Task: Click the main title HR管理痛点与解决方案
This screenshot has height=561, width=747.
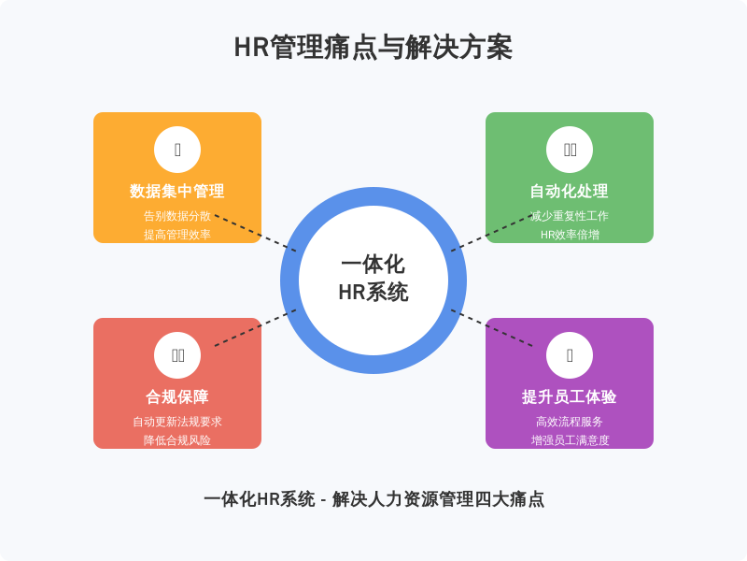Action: pos(373,48)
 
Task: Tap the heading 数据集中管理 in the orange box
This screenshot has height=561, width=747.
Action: pos(177,192)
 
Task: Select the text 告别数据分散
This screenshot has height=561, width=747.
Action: pos(177,215)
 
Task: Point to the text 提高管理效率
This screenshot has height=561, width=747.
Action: pos(177,234)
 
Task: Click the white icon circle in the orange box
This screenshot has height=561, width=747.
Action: pos(177,150)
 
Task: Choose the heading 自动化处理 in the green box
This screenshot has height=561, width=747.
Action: pos(570,192)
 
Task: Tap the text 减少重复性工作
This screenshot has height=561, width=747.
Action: pos(570,215)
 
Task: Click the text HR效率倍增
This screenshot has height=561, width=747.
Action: pos(570,234)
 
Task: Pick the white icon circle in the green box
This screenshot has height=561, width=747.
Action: pos(570,150)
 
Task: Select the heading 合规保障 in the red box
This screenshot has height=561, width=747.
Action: pos(177,397)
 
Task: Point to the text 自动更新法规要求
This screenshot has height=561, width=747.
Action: pos(177,421)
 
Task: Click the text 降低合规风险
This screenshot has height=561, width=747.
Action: pos(177,439)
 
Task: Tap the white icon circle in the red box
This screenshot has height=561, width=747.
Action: pos(177,355)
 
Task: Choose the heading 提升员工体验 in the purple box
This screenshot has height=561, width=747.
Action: pos(570,397)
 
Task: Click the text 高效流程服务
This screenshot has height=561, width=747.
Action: pos(570,421)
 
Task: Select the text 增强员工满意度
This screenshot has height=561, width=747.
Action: pos(570,439)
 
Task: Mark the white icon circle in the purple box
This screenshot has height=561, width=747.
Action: pos(570,355)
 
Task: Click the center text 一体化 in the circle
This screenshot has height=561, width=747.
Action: pos(373,266)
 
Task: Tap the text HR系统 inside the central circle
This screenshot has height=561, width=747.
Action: pos(373,293)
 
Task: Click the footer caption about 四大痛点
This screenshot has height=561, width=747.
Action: pos(373,499)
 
